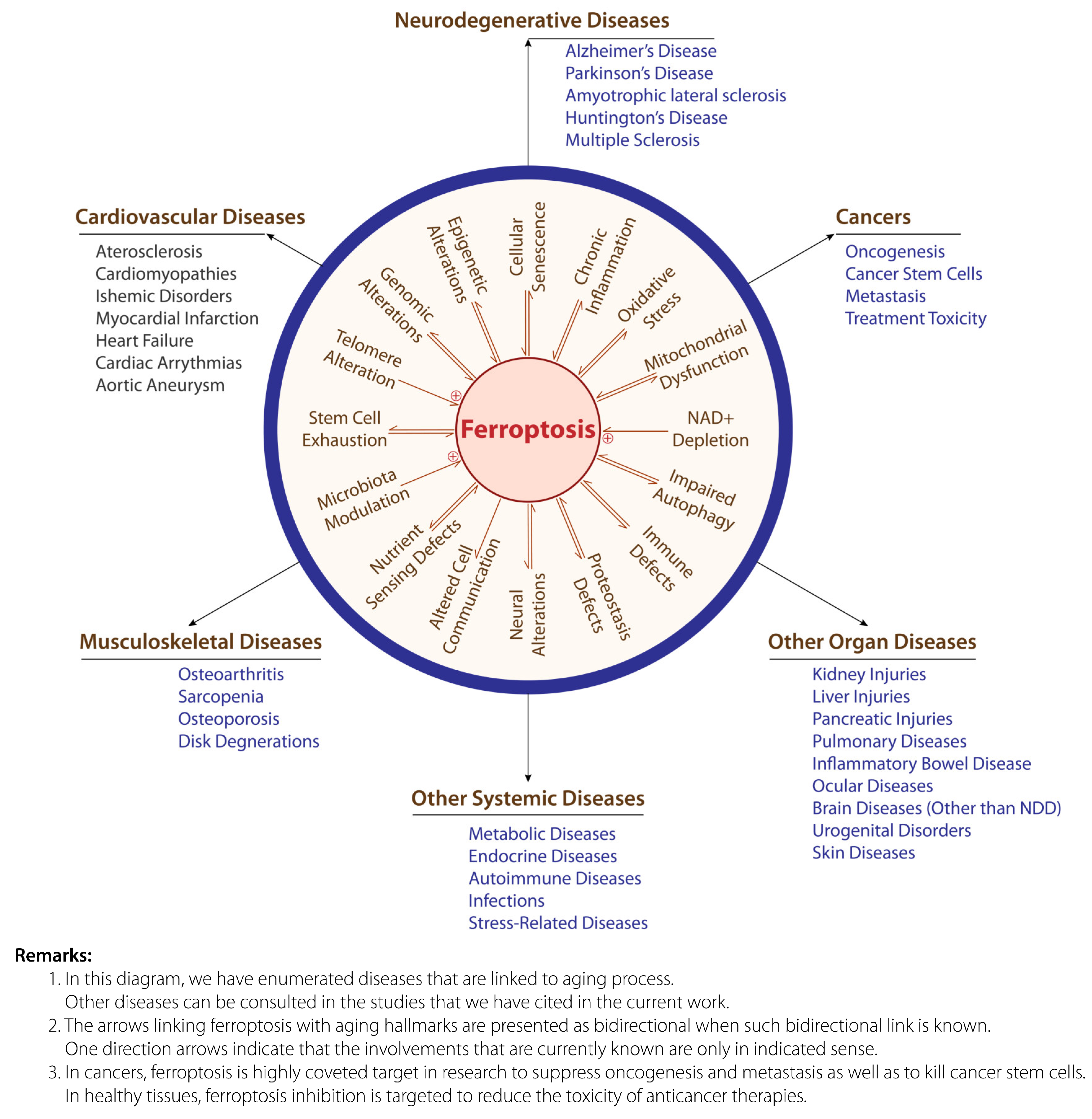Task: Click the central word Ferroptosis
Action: tap(528, 430)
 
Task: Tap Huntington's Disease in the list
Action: tap(646, 118)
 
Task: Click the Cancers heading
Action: tap(872, 217)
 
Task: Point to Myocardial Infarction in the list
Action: tap(177, 318)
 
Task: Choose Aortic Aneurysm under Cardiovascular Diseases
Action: tap(160, 385)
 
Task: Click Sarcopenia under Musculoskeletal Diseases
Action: tap(221, 697)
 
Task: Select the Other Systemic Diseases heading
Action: tap(528, 798)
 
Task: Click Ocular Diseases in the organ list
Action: tap(872, 786)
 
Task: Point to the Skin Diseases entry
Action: tap(863, 853)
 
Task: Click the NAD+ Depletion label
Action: tap(710, 429)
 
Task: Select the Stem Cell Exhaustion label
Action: tap(345, 429)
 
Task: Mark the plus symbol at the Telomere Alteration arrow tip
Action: tap(456, 396)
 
